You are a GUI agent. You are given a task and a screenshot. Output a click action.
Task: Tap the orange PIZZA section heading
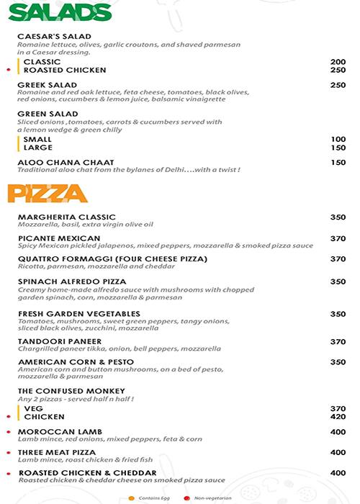pyautogui.click(x=48, y=193)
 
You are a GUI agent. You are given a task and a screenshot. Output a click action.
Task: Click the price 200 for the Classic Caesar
pyautogui.click(x=338, y=62)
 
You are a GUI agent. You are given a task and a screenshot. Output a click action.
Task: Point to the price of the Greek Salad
pyautogui.click(x=338, y=85)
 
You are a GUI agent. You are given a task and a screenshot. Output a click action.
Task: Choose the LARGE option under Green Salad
pyautogui.click(x=38, y=148)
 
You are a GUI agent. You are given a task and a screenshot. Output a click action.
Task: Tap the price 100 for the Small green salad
pyautogui.click(x=338, y=139)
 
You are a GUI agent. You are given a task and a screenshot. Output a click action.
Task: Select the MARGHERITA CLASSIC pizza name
pyautogui.click(x=66, y=217)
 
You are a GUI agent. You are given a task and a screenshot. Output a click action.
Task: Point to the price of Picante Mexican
pyautogui.click(x=338, y=238)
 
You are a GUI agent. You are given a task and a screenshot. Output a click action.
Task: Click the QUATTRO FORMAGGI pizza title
pyautogui.click(x=112, y=258)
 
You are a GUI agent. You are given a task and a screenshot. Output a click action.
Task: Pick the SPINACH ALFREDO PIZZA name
pyautogui.click(x=72, y=282)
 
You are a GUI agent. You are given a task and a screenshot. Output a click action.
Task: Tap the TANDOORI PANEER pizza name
pyautogui.click(x=60, y=341)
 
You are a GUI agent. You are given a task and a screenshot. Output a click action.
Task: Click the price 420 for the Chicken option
pyautogui.click(x=338, y=416)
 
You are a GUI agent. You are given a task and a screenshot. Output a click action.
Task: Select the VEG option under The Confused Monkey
pyautogui.click(x=33, y=408)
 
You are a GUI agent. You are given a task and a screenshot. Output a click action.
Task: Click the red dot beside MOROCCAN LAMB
pyautogui.click(x=8, y=431)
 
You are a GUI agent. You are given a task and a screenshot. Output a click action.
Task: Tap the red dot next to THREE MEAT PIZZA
pyautogui.click(x=8, y=452)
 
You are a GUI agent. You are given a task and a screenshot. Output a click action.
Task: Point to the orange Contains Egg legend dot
pyautogui.click(x=131, y=498)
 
